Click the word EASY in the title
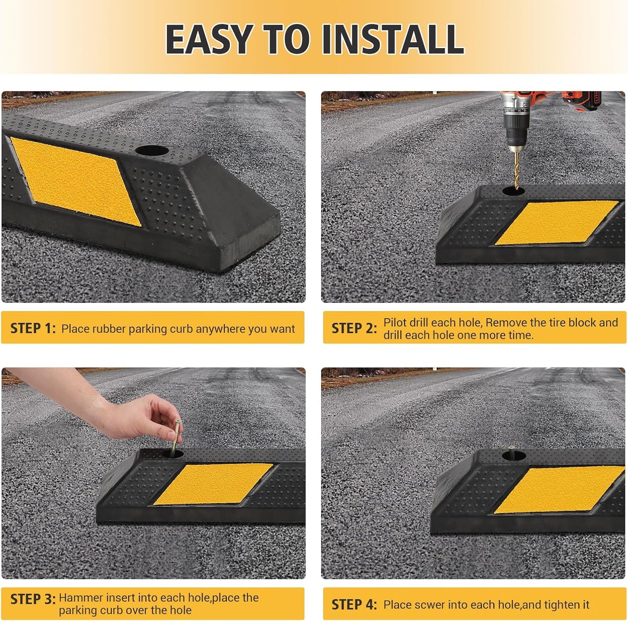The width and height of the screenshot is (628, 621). pyautogui.click(x=209, y=40)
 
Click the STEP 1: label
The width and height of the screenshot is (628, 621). pyautogui.click(x=33, y=328)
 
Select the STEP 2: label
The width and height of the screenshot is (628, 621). pyautogui.click(x=354, y=328)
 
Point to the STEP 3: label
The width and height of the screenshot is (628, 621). pyautogui.click(x=33, y=599)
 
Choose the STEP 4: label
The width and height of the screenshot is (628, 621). pyautogui.click(x=354, y=604)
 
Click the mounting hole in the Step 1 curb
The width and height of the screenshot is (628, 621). pyautogui.click(x=152, y=151)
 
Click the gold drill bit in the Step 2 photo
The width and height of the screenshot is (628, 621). pyautogui.click(x=516, y=167)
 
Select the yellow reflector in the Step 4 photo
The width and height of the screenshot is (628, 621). pyautogui.click(x=559, y=490)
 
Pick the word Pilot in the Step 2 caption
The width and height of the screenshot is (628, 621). pyautogui.click(x=395, y=322)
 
